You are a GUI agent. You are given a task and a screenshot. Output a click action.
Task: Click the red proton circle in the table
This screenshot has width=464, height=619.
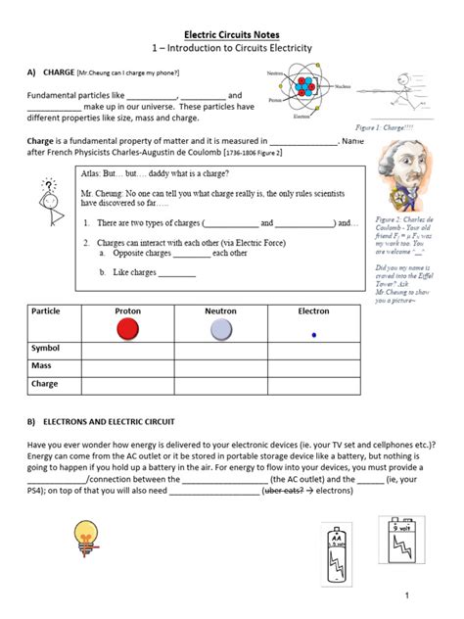(x=127, y=329)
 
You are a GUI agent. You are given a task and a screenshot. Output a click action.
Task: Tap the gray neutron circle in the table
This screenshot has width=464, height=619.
(x=220, y=329)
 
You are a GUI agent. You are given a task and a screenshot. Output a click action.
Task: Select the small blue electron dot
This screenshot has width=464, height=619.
(x=313, y=334)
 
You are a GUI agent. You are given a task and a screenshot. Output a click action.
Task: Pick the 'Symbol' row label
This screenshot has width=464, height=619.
(x=46, y=348)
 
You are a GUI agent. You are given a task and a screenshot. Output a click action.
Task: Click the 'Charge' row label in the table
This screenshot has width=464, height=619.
(x=45, y=384)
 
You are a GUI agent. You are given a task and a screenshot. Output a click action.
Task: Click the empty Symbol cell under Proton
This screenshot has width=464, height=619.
(x=127, y=348)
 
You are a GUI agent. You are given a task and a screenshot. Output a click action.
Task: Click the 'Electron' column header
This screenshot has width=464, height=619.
(x=313, y=310)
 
